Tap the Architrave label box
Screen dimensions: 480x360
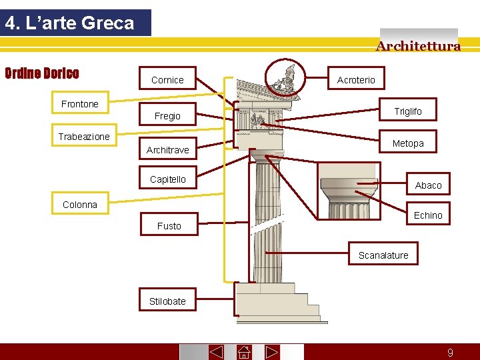(167, 150)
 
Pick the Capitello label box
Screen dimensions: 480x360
(168, 179)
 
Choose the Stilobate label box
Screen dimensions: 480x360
(167, 301)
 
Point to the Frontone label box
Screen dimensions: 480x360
(79, 104)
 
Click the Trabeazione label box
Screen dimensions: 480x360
(84, 137)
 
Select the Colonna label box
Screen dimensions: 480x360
(80, 205)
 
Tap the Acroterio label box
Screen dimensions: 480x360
(356, 80)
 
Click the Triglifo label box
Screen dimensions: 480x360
(408, 111)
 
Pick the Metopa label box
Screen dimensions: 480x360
(408, 143)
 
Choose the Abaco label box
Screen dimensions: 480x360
(428, 185)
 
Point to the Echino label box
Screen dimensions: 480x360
(428, 215)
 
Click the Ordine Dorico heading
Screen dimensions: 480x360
(42, 73)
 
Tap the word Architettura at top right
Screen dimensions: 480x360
(418, 46)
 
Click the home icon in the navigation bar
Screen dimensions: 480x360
(243, 352)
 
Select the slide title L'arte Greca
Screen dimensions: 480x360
(69, 23)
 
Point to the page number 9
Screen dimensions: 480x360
(450, 353)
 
